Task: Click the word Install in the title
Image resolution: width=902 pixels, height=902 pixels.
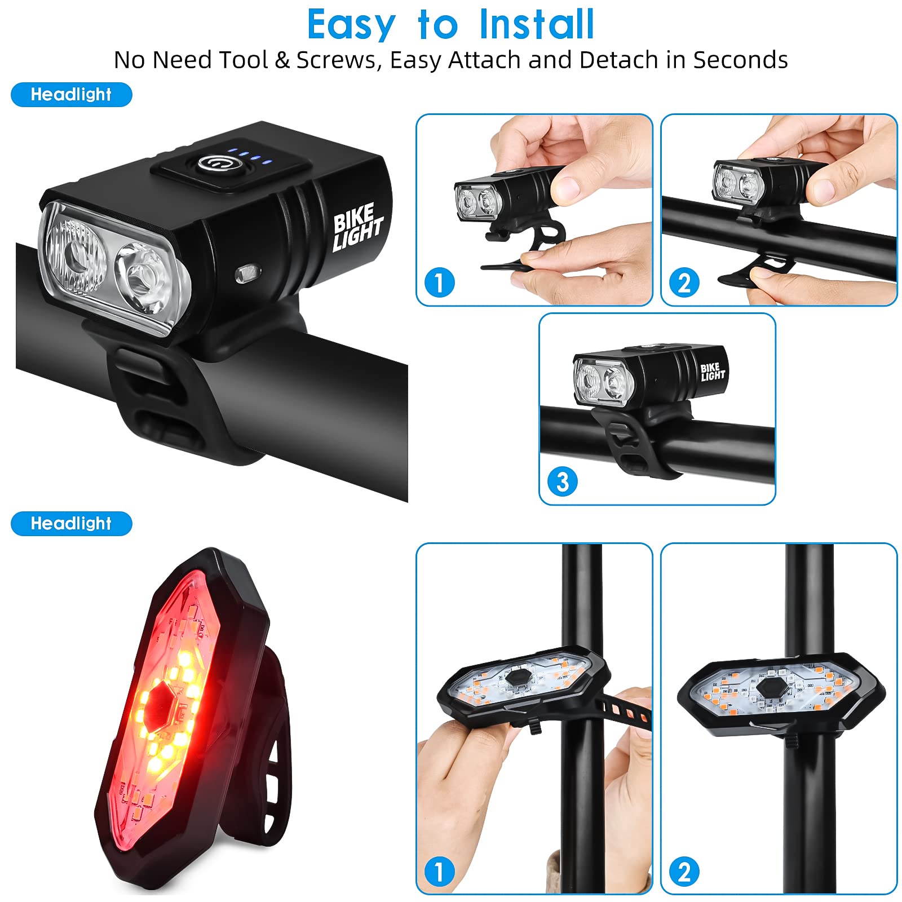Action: pyautogui.click(x=536, y=25)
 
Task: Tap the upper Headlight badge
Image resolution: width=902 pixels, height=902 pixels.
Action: pyautogui.click(x=72, y=95)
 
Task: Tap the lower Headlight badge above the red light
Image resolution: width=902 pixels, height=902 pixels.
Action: pyautogui.click(x=72, y=524)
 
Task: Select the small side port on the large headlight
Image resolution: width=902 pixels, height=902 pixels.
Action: pyautogui.click(x=247, y=275)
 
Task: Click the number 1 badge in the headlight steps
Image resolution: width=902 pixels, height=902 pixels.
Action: pyautogui.click(x=439, y=283)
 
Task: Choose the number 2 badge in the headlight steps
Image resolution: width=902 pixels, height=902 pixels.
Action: pyautogui.click(x=684, y=283)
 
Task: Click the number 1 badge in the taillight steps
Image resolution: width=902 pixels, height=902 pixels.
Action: pyautogui.click(x=439, y=872)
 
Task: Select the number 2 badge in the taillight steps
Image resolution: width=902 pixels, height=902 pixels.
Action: pyautogui.click(x=684, y=872)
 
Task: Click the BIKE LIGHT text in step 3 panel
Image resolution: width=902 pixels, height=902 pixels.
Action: pyautogui.click(x=712, y=372)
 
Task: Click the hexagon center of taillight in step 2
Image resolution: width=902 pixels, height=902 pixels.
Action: pyautogui.click(x=769, y=688)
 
